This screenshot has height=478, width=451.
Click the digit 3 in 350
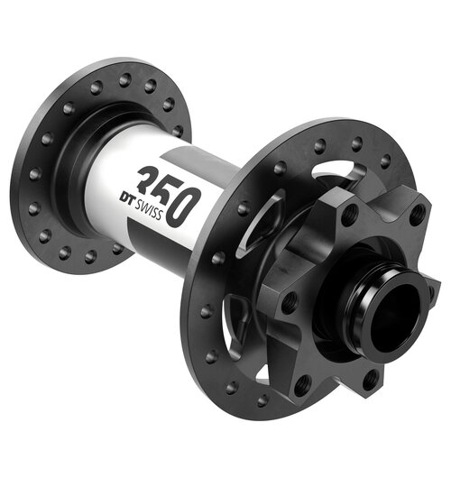click(144, 179)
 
